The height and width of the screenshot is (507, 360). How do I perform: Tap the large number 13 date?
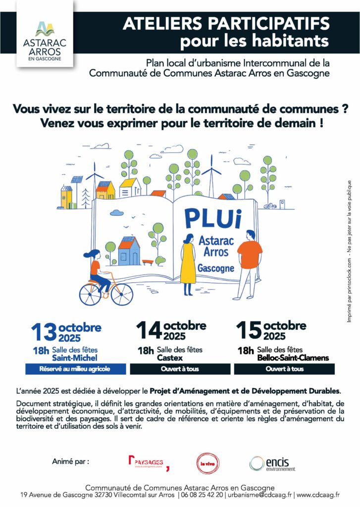click(44, 332)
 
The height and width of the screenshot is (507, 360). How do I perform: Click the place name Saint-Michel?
click(74, 357)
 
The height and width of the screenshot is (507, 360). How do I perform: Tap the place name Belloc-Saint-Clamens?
click(293, 357)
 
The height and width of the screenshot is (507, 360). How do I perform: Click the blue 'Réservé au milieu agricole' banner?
click(74, 369)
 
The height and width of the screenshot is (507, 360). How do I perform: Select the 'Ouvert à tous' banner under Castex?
click(180, 369)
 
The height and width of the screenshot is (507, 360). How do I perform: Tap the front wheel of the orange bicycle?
click(121, 295)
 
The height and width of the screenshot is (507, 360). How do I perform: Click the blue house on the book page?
click(129, 250)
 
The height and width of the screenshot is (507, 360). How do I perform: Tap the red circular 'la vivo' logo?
click(205, 462)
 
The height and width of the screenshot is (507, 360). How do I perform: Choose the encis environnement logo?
click(272, 463)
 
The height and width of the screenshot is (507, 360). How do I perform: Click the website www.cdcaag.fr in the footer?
click(318, 495)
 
